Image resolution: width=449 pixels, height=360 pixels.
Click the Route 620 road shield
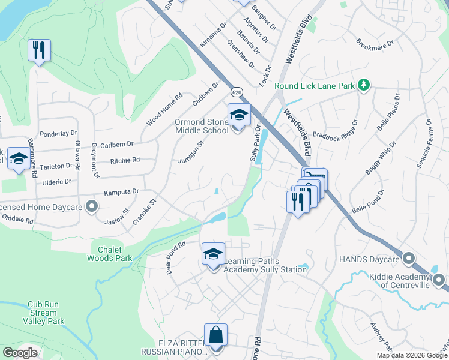tap(237, 93)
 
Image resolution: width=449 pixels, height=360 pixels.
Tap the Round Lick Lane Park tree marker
tap(363, 86)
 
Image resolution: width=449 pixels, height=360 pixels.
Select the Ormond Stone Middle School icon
tap(239, 115)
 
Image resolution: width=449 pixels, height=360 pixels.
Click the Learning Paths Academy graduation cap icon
tap(213, 254)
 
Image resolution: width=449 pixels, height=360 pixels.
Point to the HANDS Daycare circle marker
tap(409, 259)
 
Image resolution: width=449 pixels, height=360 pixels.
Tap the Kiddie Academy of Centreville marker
tap(439, 280)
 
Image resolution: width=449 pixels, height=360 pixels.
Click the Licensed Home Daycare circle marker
tap(92, 207)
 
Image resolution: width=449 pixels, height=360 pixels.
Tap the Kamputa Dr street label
tap(121, 192)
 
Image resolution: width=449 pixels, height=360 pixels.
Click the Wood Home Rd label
tap(164, 110)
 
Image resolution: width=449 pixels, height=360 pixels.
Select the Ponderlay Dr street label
tap(58, 133)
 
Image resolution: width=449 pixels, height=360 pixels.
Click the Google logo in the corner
tap(20, 353)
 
